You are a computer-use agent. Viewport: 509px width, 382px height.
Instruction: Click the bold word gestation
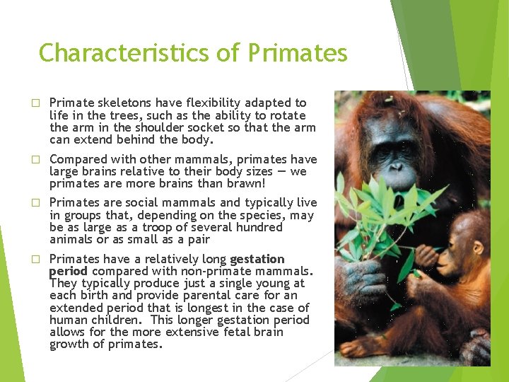257,259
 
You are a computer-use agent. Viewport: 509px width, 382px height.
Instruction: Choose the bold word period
68,271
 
